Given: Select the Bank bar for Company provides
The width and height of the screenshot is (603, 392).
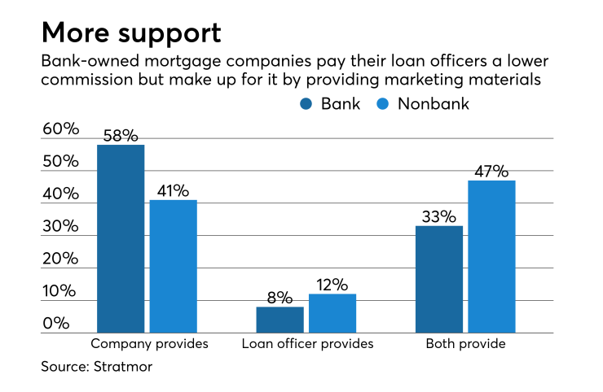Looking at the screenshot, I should click(121, 239).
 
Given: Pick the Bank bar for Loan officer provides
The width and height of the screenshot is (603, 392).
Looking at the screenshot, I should click(279, 320).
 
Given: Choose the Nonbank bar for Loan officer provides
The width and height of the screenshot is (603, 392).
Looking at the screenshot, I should click(332, 313).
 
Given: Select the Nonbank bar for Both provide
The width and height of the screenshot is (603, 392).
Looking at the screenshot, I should click(491, 256).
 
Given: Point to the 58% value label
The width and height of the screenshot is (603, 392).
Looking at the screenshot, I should click(121, 134).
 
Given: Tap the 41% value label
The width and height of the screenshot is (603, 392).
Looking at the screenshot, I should click(173, 190).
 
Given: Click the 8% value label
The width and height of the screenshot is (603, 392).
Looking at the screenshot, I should click(279, 297).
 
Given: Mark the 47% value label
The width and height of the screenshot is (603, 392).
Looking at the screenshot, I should click(491, 171).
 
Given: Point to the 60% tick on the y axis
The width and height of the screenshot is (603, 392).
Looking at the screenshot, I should click(60, 129).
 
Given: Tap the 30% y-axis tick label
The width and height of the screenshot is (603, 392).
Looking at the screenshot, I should click(60, 227).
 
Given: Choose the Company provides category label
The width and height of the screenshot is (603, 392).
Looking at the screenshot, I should click(149, 344).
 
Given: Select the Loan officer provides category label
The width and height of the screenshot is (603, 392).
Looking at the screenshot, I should click(307, 344).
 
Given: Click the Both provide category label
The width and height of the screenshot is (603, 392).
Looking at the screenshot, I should click(465, 344).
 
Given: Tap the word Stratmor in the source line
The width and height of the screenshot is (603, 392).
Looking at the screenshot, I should click(124, 368).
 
